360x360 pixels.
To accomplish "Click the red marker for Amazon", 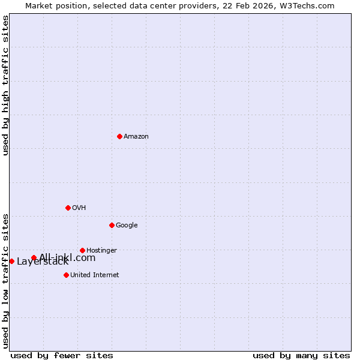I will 119,136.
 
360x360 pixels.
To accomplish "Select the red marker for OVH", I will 68,208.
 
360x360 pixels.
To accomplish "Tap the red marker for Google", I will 112,225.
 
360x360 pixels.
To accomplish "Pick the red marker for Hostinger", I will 82,250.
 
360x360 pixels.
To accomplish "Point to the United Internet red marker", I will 66,275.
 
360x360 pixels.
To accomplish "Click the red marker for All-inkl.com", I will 34,257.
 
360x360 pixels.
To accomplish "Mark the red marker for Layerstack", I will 11,261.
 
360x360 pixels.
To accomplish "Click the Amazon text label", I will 136,136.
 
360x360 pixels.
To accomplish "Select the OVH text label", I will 79,208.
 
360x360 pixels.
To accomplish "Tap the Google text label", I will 127,225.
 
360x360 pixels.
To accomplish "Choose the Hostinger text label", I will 101,250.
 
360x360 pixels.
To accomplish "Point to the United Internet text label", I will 94,275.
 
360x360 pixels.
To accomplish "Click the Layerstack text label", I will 43,262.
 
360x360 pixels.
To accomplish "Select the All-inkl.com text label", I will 67,257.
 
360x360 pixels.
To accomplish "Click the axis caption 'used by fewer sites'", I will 62,355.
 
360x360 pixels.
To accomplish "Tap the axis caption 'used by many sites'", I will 301,355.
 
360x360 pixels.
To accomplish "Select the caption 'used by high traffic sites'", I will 5,85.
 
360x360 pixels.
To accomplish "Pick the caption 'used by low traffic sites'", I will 5,280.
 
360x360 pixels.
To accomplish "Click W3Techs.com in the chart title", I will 309,5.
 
